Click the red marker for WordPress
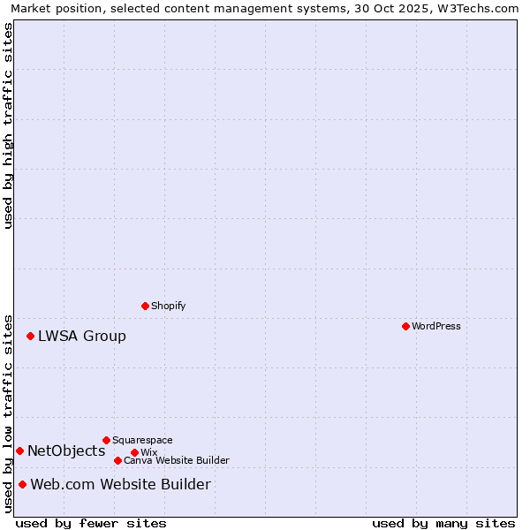tap(405, 326)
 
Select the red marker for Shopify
tap(145, 306)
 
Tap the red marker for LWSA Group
tap(30, 336)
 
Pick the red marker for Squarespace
tap(106, 440)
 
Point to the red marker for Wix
tap(134, 452)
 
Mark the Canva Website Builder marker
tap(117, 460)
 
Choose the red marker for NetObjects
tap(19, 450)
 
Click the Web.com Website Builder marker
tap(22, 484)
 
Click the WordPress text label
tap(436, 326)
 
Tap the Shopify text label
tap(169, 306)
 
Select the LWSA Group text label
tap(82, 336)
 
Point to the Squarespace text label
tap(142, 440)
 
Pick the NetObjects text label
tap(66, 450)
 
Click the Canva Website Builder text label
tap(177, 460)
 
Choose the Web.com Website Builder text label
tap(121, 484)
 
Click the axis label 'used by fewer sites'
tap(91, 523)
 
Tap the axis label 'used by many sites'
tap(443, 523)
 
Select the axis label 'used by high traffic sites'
tap(8, 125)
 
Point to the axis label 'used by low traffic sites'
tap(8, 413)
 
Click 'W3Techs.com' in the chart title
tap(476, 8)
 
